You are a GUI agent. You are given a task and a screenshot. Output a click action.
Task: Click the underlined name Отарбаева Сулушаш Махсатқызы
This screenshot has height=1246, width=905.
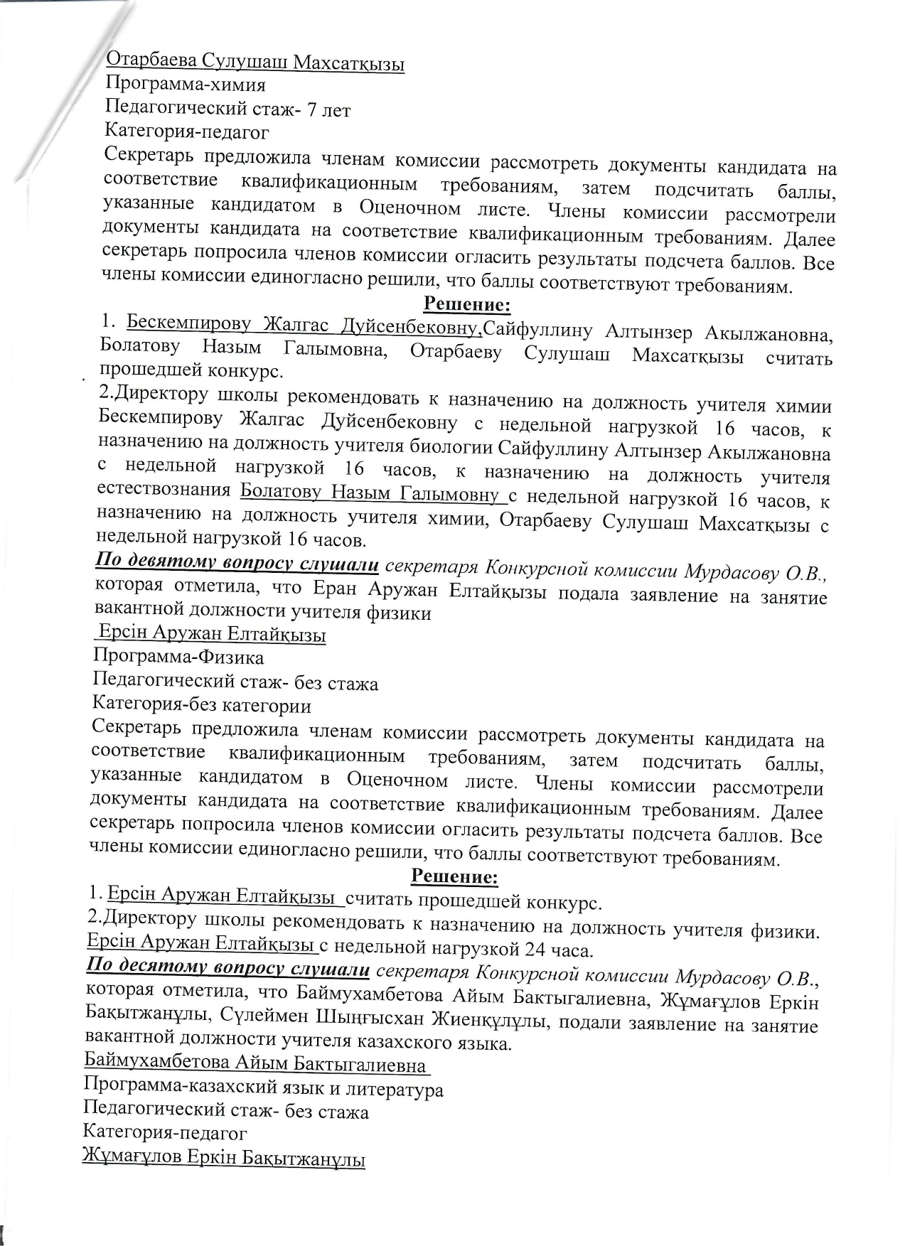[255, 63]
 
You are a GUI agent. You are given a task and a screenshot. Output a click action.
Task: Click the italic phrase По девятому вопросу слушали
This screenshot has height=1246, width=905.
[237, 564]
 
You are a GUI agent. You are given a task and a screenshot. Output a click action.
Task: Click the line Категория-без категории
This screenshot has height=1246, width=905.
[202, 706]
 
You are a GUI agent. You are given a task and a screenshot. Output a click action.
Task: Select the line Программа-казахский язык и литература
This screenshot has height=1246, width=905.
[263, 1089]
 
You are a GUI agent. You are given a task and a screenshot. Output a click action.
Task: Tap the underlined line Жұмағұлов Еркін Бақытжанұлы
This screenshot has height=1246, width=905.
[224, 1159]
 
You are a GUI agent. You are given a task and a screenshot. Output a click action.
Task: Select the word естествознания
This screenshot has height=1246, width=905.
[164, 490]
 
